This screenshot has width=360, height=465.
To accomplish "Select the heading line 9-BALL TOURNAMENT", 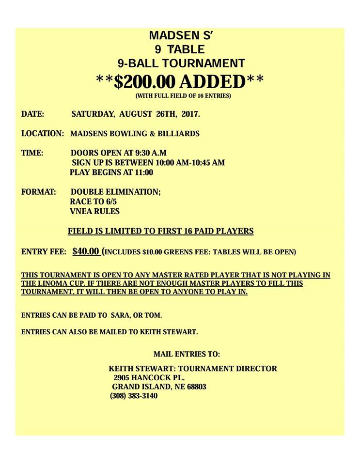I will (x=181, y=63).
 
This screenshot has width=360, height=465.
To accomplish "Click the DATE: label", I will (x=33, y=115).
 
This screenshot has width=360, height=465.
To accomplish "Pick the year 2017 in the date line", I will (x=189, y=115).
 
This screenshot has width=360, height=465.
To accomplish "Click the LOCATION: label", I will (x=43, y=134).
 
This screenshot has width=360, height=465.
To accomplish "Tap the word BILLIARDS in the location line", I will (x=179, y=134).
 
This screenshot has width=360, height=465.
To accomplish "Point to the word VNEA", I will (x=82, y=211).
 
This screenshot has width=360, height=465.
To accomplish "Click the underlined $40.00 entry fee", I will (x=86, y=251).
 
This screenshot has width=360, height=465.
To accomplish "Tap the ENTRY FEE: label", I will (x=44, y=252).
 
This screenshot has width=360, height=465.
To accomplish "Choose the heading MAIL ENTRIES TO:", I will (x=187, y=354).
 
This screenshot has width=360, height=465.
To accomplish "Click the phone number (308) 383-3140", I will (x=134, y=396).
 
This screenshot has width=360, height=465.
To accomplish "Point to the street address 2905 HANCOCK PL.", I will (x=149, y=377).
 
